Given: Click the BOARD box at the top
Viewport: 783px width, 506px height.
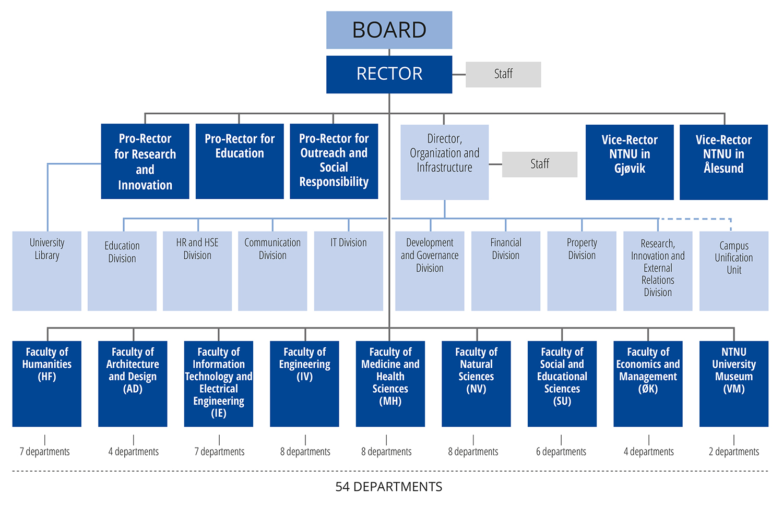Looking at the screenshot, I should coord(389,30).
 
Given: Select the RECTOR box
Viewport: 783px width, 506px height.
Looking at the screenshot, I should coord(389,74).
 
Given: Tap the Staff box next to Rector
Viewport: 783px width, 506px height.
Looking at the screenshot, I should coord(503,74).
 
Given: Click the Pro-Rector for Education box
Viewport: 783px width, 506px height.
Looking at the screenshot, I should coord(240,161).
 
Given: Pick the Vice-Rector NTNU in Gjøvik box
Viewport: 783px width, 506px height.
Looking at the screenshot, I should coord(630,162).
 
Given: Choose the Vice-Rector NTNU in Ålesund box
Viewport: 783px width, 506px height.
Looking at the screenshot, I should coord(723,162).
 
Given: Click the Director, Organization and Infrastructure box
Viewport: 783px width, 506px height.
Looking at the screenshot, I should coord(444,162).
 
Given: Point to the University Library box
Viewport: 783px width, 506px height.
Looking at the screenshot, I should coord(47,270).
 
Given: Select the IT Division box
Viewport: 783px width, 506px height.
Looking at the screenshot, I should coord(348,270).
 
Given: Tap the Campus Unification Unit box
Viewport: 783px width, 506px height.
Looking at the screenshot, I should coord(734,270).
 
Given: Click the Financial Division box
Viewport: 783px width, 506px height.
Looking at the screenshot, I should coord(505,270).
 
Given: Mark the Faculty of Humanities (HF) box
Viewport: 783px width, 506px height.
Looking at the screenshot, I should coord(47,383).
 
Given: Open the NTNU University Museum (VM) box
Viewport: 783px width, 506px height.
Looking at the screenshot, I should coord(734,383).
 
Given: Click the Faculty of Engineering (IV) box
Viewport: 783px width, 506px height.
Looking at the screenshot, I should coord(304,383).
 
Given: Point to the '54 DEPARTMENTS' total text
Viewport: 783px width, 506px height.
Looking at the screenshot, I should coord(389,487).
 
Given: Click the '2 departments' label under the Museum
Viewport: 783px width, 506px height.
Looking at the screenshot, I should coord(734,452).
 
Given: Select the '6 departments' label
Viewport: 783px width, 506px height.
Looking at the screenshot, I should coord(561,452).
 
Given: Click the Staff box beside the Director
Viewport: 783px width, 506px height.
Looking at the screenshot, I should coord(540,164).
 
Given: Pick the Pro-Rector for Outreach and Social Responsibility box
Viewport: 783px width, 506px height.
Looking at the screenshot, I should coord(334,161).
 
